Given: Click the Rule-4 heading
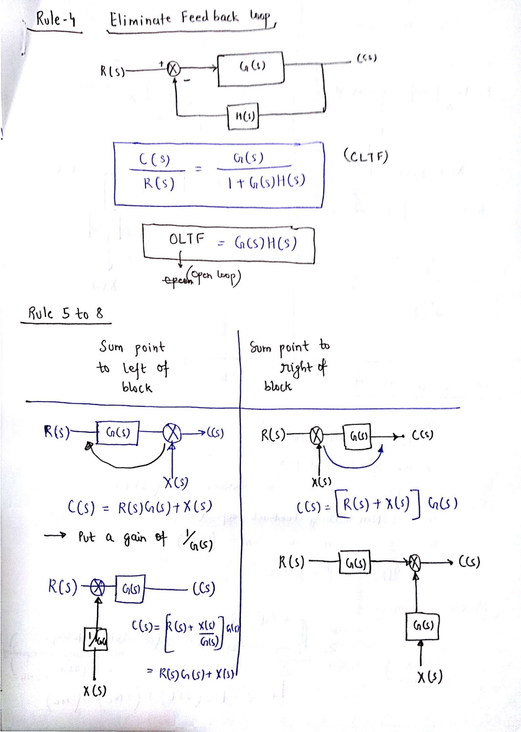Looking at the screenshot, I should (56, 20).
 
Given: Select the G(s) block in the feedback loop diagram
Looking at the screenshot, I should (251, 69).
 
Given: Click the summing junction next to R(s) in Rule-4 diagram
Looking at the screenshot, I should (173, 69).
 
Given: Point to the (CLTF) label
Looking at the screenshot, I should (365, 156).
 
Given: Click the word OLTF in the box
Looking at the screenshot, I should (187, 239).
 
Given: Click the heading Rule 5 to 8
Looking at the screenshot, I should (65, 314).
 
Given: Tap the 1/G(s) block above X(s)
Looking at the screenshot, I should (96, 639).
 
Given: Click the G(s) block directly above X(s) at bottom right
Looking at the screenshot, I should (423, 626).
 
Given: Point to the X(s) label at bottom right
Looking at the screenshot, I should (429, 677).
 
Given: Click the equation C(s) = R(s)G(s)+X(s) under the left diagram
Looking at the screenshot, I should (140, 507).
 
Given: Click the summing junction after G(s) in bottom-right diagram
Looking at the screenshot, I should (414, 562).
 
